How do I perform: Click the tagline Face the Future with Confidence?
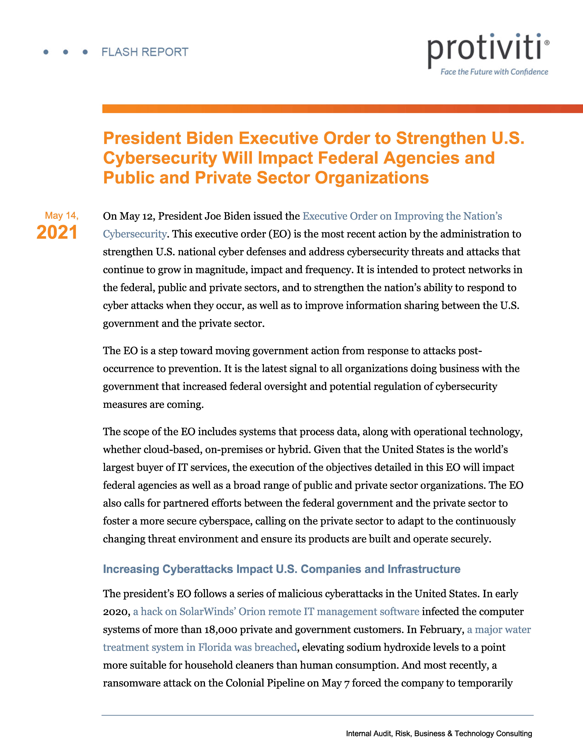pyautogui.click(x=494, y=72)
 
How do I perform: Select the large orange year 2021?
pyautogui.click(x=57, y=232)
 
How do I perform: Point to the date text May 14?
pyautogui.click(x=61, y=216)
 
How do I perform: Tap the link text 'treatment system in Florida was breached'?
pyautogui.click(x=200, y=647)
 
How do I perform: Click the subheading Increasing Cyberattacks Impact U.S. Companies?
pyautogui.click(x=282, y=569)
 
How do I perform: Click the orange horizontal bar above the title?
pyautogui.click(x=342, y=109)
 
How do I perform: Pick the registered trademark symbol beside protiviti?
pyautogui.click(x=546, y=43)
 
